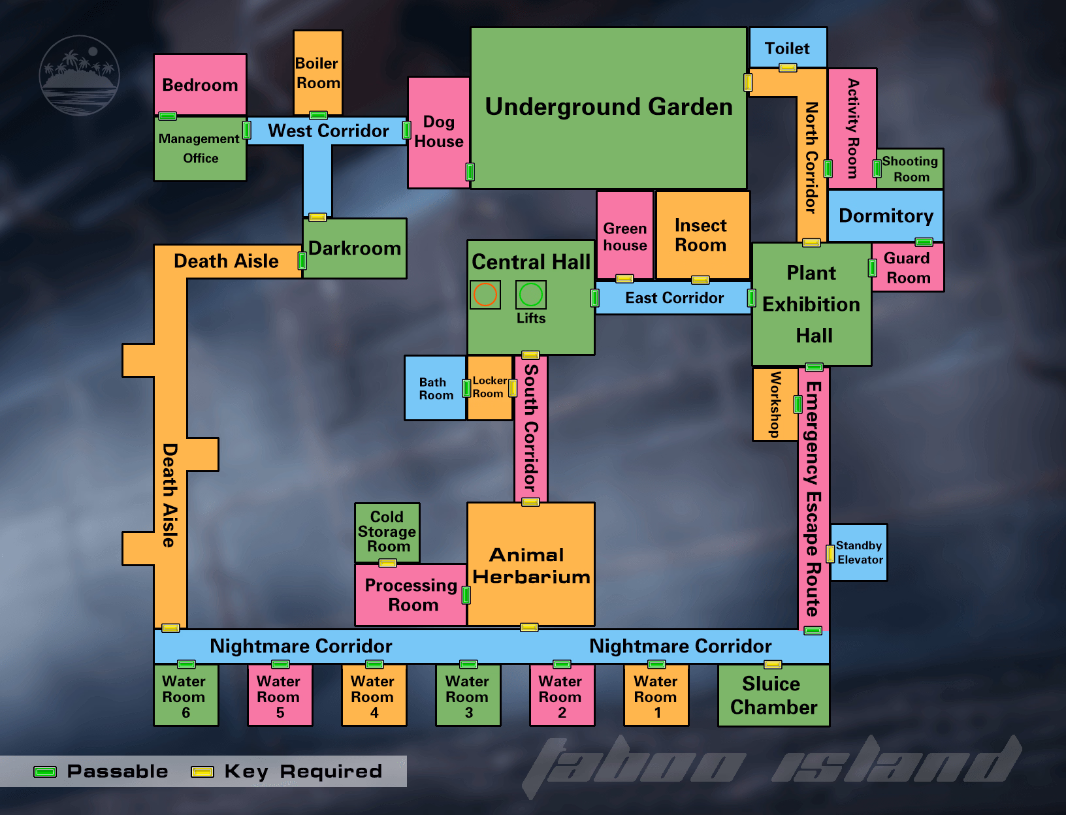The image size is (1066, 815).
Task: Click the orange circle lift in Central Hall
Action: coord(485,294)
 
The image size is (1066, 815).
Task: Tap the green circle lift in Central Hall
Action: coord(530,294)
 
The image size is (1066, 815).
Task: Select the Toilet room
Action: coord(788,47)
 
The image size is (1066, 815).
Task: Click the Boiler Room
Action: coord(318,72)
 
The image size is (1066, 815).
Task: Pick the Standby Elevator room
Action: coord(859,552)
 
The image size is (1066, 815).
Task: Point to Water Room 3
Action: coord(468,695)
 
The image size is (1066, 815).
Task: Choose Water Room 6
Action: coord(186,695)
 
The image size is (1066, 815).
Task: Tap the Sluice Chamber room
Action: coord(773,695)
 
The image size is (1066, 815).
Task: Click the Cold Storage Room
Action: coord(387,532)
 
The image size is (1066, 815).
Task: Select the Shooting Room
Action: coord(910,168)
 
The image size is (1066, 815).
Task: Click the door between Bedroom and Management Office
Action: coord(168,116)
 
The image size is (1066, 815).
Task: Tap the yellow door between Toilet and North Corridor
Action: coord(788,68)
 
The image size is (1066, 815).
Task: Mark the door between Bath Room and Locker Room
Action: coord(466,388)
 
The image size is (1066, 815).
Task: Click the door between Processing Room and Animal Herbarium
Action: coord(466,595)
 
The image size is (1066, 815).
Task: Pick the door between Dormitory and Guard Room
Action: coord(924,242)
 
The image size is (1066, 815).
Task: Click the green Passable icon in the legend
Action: coord(45,772)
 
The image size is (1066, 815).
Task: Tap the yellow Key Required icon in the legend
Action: coord(202,772)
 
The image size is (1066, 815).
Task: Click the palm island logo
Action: coord(79,75)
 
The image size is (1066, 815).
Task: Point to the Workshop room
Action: coord(775,404)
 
